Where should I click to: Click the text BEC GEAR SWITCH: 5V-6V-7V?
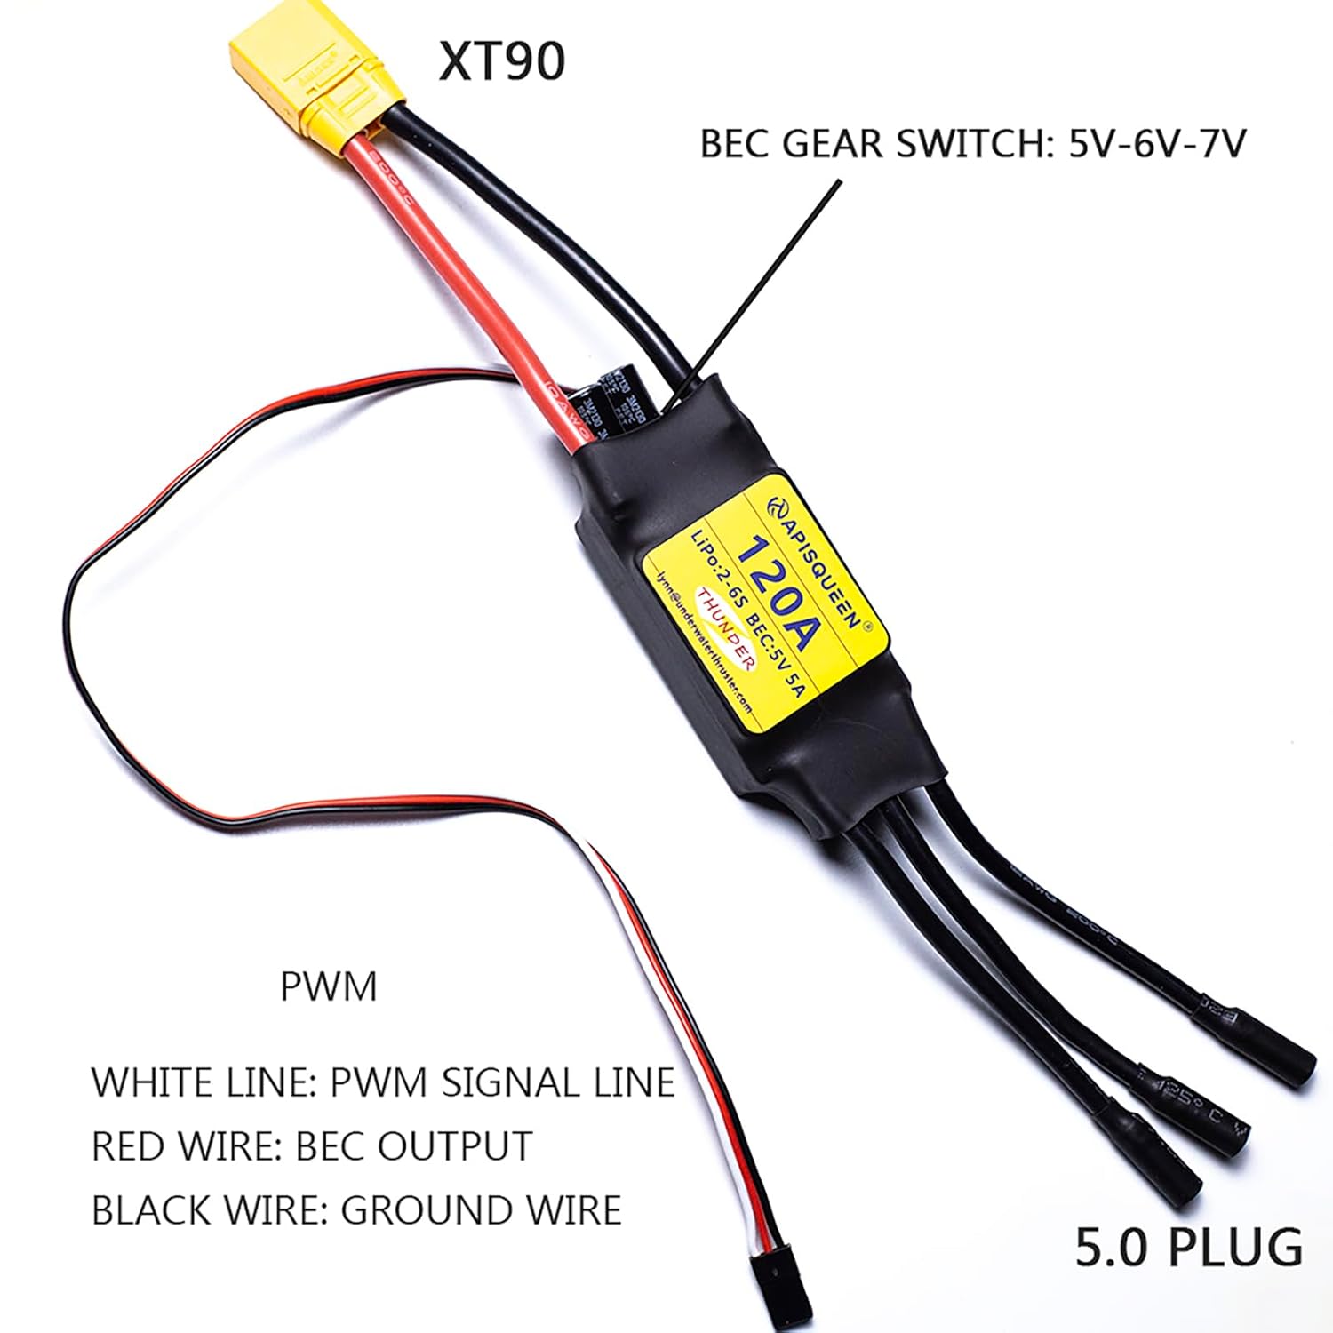point(972,144)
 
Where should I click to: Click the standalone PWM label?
point(329,986)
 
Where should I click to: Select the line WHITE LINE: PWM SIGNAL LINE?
point(383,1082)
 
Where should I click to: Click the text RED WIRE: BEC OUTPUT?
point(312,1146)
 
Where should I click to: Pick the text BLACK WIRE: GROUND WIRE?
point(356,1210)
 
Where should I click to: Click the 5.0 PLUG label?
point(1189,1246)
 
